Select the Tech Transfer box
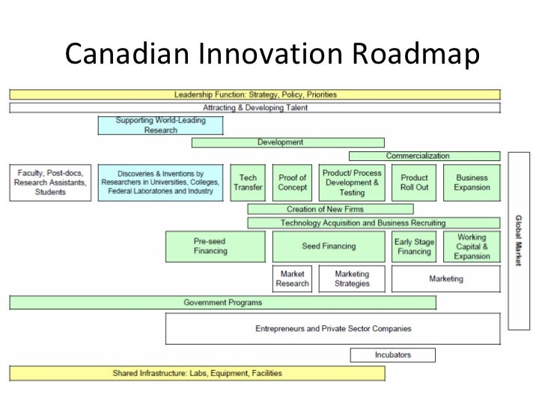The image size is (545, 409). click(248, 183)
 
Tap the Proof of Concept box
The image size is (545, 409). click(292, 183)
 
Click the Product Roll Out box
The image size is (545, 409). click(414, 183)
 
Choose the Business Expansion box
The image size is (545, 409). click(472, 183)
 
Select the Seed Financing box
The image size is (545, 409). click(329, 246)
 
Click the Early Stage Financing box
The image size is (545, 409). click(414, 246)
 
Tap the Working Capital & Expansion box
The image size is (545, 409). click(472, 246)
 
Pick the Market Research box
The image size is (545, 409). click(292, 279)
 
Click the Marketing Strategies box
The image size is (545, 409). click(352, 279)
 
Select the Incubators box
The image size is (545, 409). click(393, 355)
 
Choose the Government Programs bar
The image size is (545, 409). click(223, 303)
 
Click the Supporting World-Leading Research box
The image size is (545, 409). click(160, 125)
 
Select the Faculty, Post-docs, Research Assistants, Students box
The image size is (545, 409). click(52, 183)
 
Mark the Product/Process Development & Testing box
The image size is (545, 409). click(352, 183)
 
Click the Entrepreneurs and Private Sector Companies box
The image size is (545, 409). click(332, 329)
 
